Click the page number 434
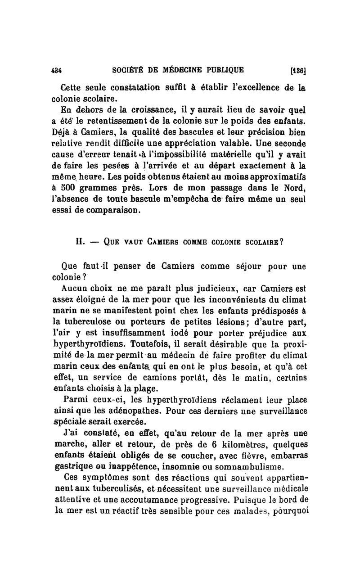pyautogui.click(x=56, y=70)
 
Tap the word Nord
pyautogui.click(x=295, y=185)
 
